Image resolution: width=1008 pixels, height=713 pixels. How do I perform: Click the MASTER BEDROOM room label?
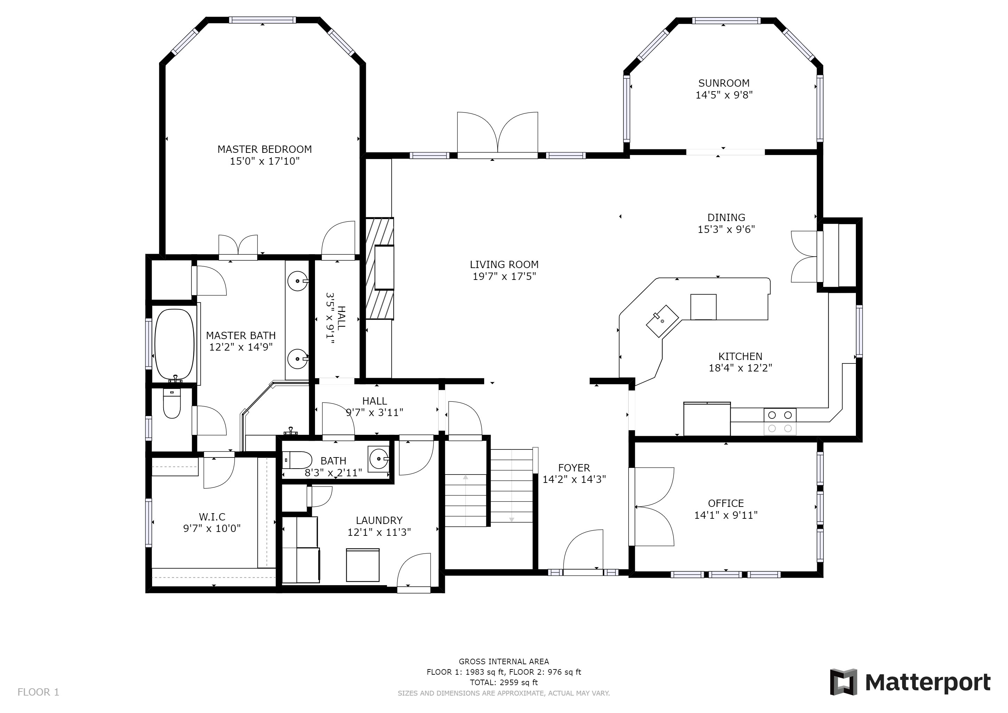[265, 149]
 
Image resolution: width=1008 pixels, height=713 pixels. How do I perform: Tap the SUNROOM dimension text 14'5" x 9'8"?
[724, 95]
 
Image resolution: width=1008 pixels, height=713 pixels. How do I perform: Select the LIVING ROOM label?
[504, 265]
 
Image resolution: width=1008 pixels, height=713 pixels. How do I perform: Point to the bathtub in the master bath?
[174, 345]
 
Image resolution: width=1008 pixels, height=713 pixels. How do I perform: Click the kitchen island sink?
[662, 321]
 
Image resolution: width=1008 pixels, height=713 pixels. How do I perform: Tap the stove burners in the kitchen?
[780, 422]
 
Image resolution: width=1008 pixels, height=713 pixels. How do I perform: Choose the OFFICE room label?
[726, 503]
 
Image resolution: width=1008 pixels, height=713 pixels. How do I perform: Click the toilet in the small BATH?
[297, 460]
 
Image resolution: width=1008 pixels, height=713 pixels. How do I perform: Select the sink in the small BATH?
[378, 459]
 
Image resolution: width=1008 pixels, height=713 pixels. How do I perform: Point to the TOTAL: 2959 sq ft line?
[504, 683]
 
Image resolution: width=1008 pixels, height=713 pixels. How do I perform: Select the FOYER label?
[574, 468]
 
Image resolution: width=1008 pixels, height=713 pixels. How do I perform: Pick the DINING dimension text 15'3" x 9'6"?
[726, 229]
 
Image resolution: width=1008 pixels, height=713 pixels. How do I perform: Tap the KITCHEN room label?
[740, 356]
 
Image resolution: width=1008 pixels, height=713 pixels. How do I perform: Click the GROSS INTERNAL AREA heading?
[504, 661]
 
